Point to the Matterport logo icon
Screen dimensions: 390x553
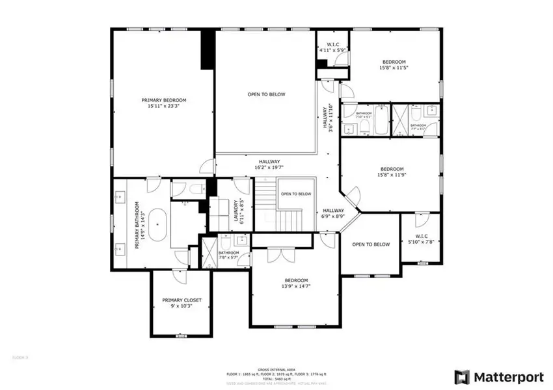pos(462,376)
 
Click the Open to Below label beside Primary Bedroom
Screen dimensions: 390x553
pos(266,94)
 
